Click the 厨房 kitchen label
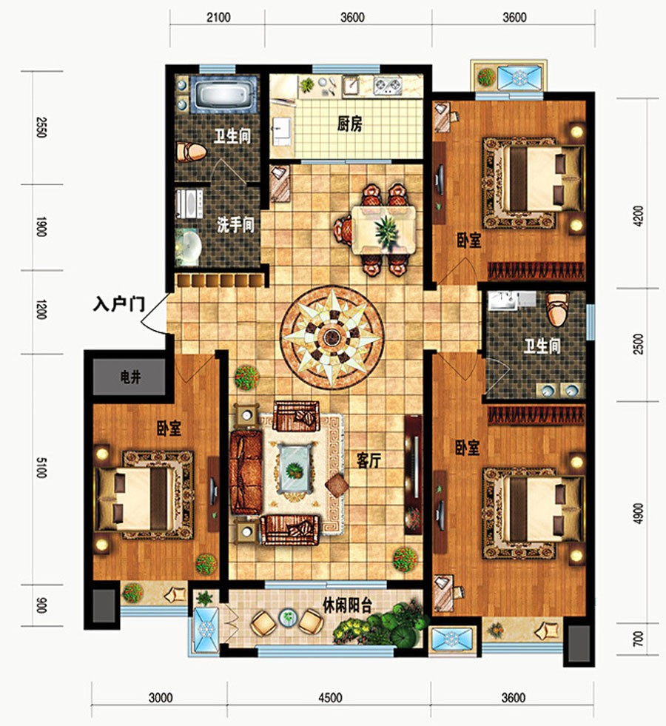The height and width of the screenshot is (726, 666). tap(349, 124)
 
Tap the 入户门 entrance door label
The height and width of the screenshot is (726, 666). tap(119, 304)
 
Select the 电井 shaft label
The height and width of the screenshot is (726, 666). tap(130, 377)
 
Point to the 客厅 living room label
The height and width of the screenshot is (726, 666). tap(369, 460)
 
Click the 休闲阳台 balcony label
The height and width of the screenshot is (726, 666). tap(347, 605)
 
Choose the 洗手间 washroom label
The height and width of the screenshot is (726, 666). tap(235, 225)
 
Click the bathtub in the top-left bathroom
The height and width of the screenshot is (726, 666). tap(223, 95)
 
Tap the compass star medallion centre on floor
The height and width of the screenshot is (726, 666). tap(332, 337)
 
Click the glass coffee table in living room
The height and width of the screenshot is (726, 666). tap(295, 468)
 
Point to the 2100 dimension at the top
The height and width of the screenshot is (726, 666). tap(218, 18)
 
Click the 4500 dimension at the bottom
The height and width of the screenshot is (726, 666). tap(330, 697)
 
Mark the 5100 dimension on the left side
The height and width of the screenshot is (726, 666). tap(41, 468)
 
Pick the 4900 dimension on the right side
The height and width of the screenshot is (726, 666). tap(638, 513)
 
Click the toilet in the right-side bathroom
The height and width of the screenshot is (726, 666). tap(556, 309)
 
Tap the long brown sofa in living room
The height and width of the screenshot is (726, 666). tap(246, 472)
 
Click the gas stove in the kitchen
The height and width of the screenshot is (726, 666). tap(388, 86)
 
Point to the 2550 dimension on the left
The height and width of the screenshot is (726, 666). tap(41, 127)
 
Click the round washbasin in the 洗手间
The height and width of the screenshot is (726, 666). tap(189, 246)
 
